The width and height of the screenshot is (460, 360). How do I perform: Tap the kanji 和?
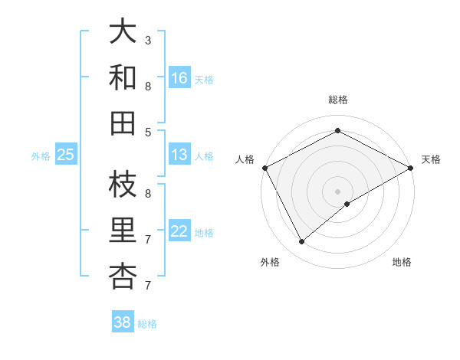pyautogui.click(x=123, y=77)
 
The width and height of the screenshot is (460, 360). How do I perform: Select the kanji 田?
pyautogui.click(x=123, y=123)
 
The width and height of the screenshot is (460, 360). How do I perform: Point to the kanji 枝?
pyautogui.click(x=123, y=184)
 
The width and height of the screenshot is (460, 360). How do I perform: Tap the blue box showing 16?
pyautogui.click(x=179, y=78)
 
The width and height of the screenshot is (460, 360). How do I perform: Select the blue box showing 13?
pyautogui.click(x=179, y=155)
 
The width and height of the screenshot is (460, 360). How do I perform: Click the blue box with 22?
pyautogui.click(x=179, y=231)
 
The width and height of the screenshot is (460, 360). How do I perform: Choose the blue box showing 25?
pyautogui.click(x=66, y=155)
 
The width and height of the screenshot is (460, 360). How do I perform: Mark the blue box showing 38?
pyautogui.click(x=123, y=322)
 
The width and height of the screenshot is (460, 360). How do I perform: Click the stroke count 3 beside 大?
pyautogui.click(x=148, y=40)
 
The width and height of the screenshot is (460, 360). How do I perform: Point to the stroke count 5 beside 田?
pyautogui.click(x=148, y=132)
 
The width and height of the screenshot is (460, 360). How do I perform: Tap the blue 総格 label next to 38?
pyautogui.click(x=147, y=324)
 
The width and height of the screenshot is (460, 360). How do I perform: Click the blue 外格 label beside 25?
pyautogui.click(x=41, y=156)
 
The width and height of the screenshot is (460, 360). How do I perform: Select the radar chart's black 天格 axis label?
pyautogui.click(x=431, y=159)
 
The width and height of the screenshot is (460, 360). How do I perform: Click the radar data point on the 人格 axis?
pyautogui.click(x=264, y=167)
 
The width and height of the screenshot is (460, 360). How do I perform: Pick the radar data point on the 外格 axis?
pyautogui.click(x=301, y=242)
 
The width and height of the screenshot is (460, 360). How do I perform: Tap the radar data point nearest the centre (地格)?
pyautogui.click(x=347, y=204)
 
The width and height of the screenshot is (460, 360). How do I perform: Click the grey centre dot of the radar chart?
pyautogui.click(x=337, y=191)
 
